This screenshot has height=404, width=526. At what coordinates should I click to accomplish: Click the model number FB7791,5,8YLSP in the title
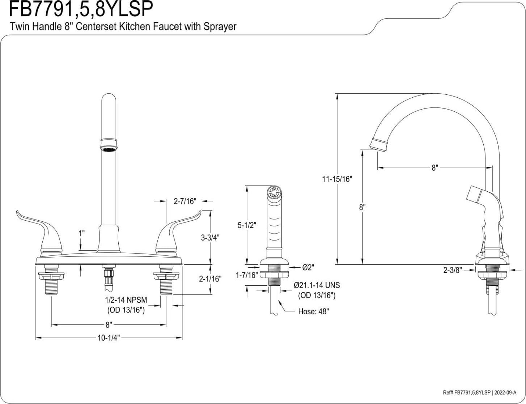click(x=80, y=9)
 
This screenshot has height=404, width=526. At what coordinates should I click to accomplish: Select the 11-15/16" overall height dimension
click(x=337, y=179)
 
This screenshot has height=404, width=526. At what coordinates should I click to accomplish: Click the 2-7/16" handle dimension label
click(x=184, y=201)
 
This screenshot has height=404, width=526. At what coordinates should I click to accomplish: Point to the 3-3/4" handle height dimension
click(x=210, y=237)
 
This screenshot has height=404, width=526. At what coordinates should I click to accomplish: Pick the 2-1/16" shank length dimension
click(x=210, y=279)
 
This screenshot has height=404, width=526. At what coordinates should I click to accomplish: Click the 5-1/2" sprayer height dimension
click(x=247, y=225)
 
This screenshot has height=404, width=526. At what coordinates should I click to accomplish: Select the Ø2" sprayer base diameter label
click(x=308, y=267)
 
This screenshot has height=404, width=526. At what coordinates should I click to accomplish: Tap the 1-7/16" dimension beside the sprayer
click(x=246, y=275)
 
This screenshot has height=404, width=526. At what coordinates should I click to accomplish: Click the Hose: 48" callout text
click(x=313, y=312)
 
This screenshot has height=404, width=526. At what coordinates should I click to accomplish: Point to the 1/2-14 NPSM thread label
click(x=126, y=300)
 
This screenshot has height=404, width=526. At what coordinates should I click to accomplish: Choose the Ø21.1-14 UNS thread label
click(x=317, y=285)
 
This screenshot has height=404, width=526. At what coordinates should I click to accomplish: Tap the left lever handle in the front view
click(x=36, y=226)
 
